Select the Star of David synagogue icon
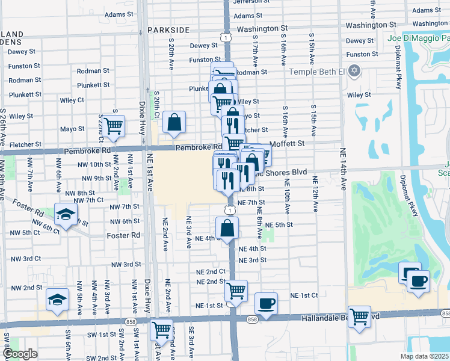355,72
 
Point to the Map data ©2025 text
424,356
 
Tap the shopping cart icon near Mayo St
113,126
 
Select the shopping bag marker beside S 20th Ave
174,122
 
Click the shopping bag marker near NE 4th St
227,228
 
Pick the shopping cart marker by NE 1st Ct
236,291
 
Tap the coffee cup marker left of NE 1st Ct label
266,303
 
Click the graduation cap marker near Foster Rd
65,214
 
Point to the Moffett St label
288,144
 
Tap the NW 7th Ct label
90,200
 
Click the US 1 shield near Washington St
224,37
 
